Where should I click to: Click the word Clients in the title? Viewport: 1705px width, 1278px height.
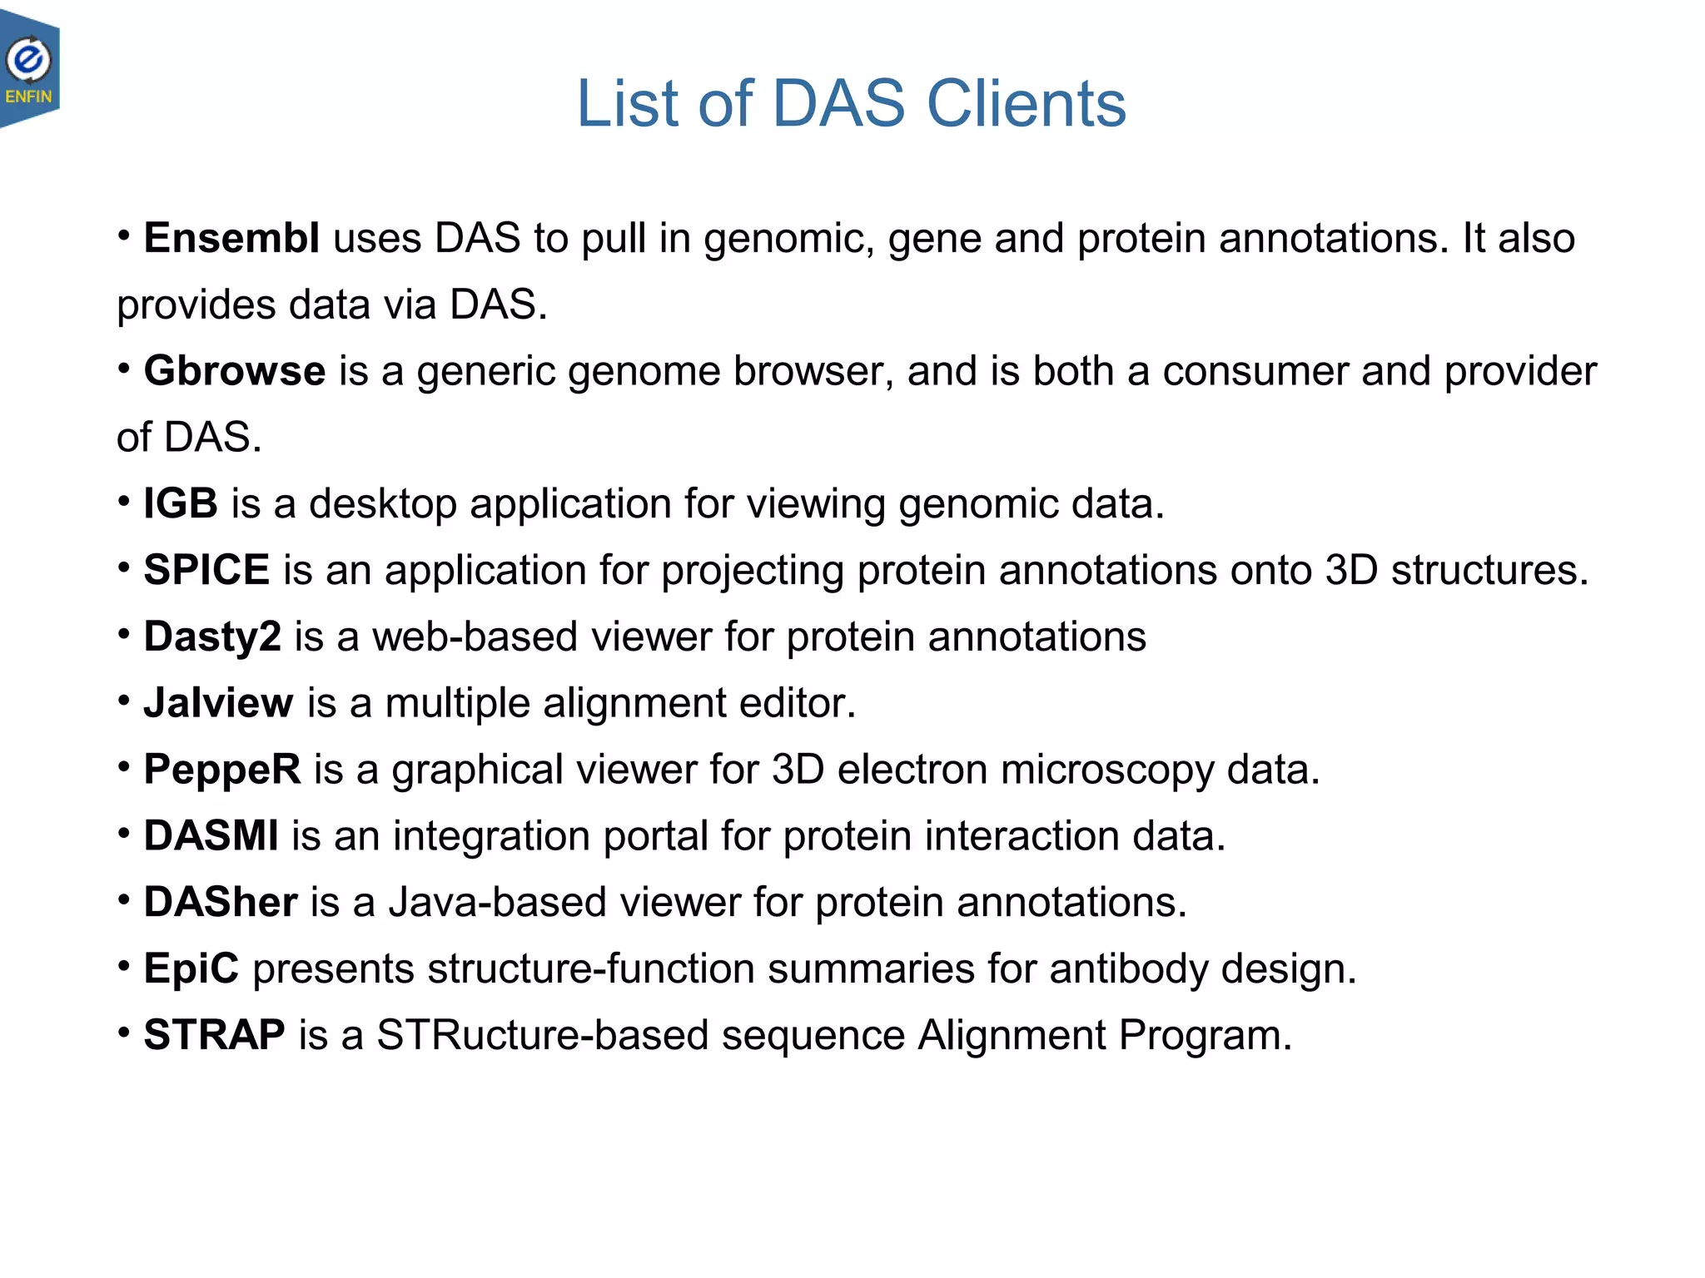pyautogui.click(x=1026, y=104)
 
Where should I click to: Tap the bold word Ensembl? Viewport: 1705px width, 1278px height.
pyautogui.click(x=231, y=239)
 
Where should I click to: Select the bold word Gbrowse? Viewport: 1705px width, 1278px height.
pyautogui.click(x=234, y=371)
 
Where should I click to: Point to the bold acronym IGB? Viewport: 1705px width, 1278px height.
pyautogui.click(x=181, y=504)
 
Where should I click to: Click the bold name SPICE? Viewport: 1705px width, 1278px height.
pyautogui.click(x=206, y=571)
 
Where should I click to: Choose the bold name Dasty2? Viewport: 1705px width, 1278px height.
pyautogui.click(x=212, y=637)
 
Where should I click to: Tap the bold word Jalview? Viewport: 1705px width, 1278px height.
pyautogui.click(x=218, y=703)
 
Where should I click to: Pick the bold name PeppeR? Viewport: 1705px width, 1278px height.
pyautogui.click(x=221, y=770)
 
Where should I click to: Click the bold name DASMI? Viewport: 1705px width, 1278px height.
pyautogui.click(x=211, y=836)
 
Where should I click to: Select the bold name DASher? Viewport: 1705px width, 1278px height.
pyautogui.click(x=220, y=903)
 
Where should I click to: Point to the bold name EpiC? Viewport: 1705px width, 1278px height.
pyautogui.click(x=191, y=969)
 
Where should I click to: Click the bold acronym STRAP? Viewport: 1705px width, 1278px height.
pyautogui.click(x=214, y=1036)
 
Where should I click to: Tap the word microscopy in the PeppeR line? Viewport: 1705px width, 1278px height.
pyautogui.click(x=1107, y=770)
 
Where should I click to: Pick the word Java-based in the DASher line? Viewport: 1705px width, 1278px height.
pyautogui.click(x=497, y=903)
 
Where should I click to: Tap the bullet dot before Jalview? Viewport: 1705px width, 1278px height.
pyautogui.click(x=123, y=701)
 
